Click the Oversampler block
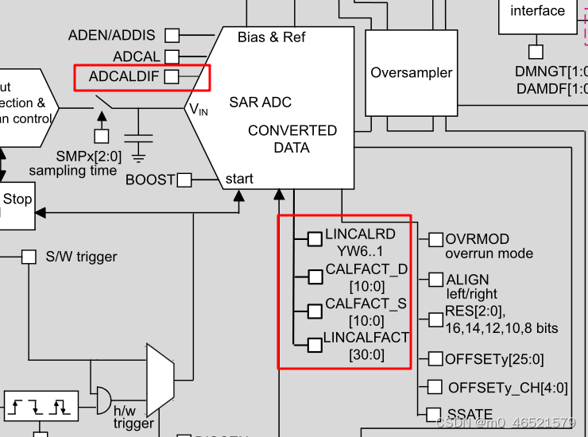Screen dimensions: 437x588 412,73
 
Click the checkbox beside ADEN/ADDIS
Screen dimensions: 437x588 172,35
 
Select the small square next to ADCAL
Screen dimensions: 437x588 172,57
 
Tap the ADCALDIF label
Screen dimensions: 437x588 125,77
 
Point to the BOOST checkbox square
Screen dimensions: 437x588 184,180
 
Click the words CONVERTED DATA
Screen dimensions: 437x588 292,139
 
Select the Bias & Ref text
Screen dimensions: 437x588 271,37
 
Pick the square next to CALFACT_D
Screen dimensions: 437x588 315,276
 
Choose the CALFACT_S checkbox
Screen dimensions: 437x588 315,310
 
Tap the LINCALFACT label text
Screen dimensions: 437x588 366,338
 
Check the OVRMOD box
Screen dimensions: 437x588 435,240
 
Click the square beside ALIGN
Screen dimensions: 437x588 435,280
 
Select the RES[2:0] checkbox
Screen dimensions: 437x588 435,319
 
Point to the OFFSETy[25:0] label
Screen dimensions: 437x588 494,360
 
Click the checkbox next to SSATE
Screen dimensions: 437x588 433,415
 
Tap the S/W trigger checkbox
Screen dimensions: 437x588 29,257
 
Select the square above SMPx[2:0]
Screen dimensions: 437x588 102,136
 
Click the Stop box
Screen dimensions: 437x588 17,199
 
